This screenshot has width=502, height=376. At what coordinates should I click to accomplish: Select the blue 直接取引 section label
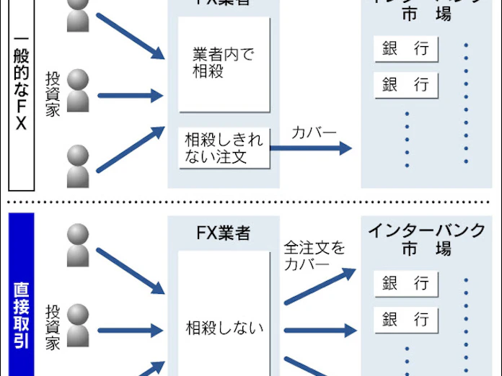click(x=20, y=315)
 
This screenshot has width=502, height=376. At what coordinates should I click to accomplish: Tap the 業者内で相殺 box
click(x=224, y=64)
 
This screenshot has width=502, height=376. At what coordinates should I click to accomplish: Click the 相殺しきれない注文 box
click(x=224, y=148)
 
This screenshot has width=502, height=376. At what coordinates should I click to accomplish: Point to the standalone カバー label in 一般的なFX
click(x=314, y=133)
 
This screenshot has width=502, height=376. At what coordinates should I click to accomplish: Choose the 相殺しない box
click(x=224, y=329)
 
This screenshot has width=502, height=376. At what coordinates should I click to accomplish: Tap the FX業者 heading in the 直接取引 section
click(x=224, y=233)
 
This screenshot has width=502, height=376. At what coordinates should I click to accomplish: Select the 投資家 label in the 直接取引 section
click(x=53, y=327)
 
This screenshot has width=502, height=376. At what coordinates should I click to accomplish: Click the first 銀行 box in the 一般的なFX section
click(x=406, y=49)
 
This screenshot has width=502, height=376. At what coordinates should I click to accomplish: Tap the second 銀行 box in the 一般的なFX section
click(x=406, y=84)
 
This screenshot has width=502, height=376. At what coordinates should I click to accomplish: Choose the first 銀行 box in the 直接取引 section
click(x=406, y=283)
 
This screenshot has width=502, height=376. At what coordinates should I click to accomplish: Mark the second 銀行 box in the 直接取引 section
click(x=406, y=318)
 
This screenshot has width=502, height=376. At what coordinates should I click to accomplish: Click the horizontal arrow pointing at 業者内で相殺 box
click(x=130, y=94)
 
